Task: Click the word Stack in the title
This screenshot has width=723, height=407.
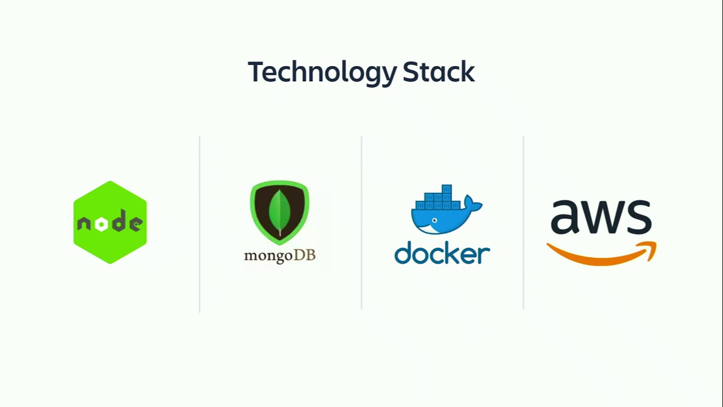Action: [x=439, y=72]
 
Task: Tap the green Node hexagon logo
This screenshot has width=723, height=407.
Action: [x=110, y=222]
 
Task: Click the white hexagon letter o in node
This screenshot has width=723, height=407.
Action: [x=101, y=224]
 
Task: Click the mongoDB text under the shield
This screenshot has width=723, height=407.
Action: [x=280, y=256]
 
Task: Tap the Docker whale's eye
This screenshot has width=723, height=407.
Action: [x=434, y=220]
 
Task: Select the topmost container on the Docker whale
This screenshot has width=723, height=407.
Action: [x=447, y=189]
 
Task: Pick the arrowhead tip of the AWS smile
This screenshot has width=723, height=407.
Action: [x=656, y=243]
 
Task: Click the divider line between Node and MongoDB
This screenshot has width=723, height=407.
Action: [x=200, y=224]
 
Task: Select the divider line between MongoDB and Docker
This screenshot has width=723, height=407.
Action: [x=361, y=222]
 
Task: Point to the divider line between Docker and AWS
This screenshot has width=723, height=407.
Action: [x=523, y=222]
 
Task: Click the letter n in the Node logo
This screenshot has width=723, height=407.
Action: [x=84, y=223]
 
